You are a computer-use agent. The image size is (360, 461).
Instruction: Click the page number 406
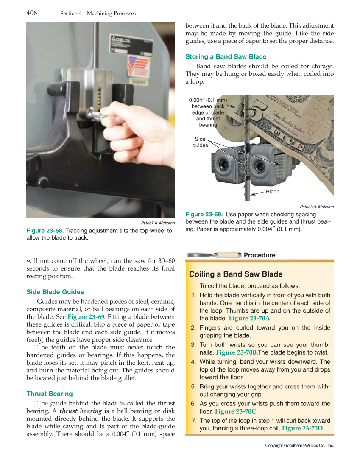point(32,13)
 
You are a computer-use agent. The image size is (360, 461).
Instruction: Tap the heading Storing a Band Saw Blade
point(226,57)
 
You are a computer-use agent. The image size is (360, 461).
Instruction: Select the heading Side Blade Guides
point(55,292)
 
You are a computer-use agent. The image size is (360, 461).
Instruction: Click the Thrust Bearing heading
point(49,394)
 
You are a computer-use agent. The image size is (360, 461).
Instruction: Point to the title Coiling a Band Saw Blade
point(236,274)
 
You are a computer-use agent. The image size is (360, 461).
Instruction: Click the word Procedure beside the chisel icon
point(260,255)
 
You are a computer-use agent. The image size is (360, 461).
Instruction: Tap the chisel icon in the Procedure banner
point(214,255)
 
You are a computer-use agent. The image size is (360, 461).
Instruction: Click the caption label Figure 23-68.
point(45,231)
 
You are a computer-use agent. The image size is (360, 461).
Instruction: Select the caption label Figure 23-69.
point(204,214)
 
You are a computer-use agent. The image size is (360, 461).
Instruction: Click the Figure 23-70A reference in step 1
point(249,319)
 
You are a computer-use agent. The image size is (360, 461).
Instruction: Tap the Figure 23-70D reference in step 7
point(302,428)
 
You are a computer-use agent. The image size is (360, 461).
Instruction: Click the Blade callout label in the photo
point(273,192)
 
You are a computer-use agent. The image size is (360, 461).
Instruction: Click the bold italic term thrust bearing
point(81,411)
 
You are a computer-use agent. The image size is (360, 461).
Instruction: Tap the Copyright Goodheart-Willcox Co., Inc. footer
point(299,446)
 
